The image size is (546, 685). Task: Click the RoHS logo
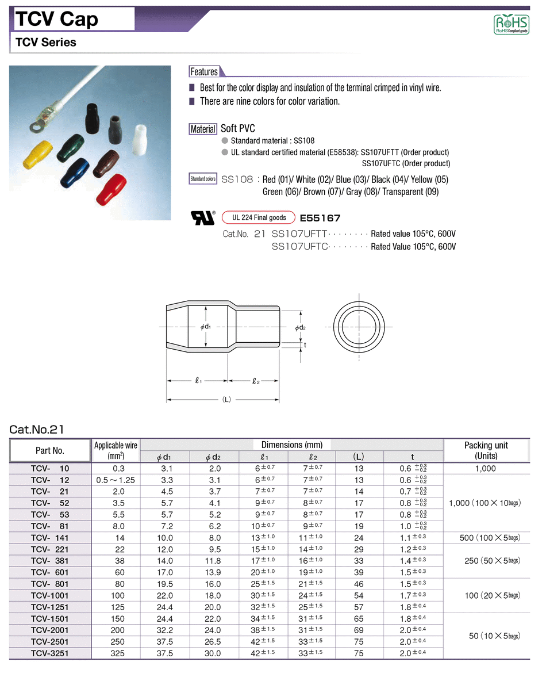[511, 24]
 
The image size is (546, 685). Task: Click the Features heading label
[204, 72]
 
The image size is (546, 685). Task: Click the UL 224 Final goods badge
[259, 217]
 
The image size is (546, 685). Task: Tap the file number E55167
[320, 218]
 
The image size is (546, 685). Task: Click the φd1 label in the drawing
[206, 327]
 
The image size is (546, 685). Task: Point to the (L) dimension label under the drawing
[226, 400]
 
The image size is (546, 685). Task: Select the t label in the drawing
[305, 345]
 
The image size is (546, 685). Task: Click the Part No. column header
[50, 450]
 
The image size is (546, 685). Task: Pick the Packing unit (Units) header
[486, 450]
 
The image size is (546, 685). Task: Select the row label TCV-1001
[50, 595]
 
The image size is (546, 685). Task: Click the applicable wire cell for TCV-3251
[115, 653]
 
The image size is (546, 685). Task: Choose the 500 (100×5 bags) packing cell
[490, 538]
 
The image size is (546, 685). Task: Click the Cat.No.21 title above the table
[37, 429]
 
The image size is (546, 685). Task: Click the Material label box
[203, 129]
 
